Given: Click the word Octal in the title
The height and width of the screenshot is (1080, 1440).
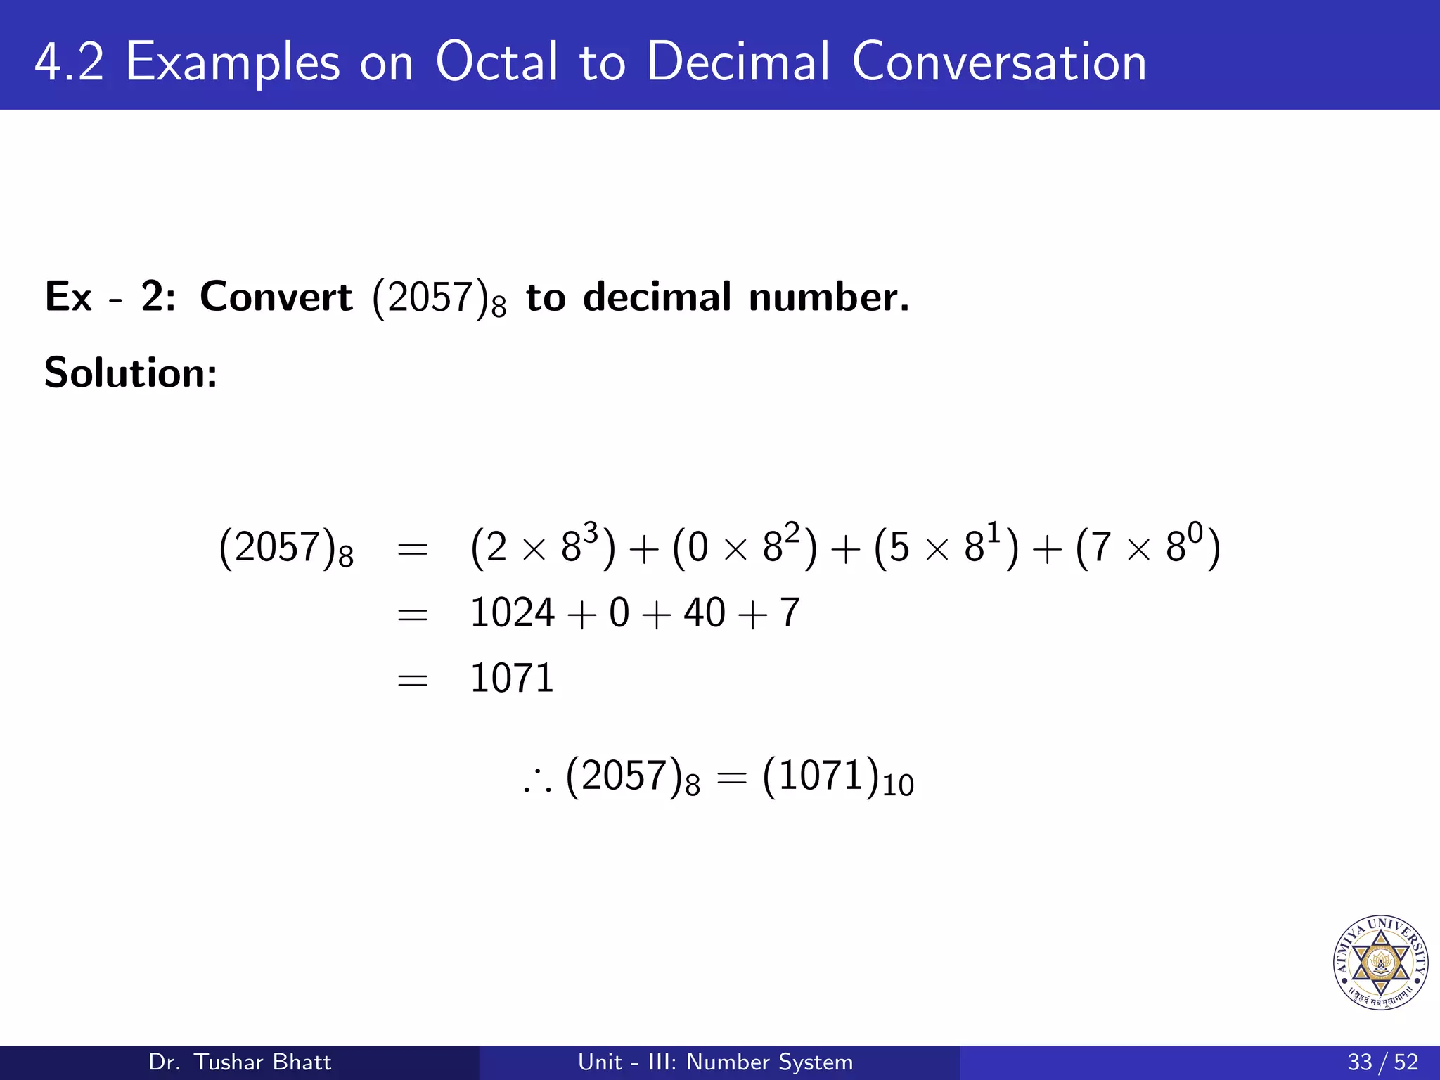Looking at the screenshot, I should point(497,62).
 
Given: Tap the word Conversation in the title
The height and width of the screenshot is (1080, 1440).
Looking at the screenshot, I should point(998,62).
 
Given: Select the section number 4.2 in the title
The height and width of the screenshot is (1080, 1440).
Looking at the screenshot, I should point(69,62).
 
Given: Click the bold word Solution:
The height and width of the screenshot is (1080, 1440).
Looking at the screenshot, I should point(131,373).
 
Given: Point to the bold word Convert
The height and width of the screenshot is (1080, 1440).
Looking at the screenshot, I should point(276,297).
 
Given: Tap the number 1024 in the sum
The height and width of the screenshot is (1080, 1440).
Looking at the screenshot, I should point(512,612).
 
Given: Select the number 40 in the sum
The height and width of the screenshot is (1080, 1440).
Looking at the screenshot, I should point(704,612).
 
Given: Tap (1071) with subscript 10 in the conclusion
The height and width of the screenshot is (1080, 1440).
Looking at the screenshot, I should point(837,778).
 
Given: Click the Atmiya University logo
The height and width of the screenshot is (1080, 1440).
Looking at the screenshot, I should point(1380,963).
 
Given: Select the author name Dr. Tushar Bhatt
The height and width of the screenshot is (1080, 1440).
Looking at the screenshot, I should point(240,1062).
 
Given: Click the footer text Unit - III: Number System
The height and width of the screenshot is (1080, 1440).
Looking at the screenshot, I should point(715,1062).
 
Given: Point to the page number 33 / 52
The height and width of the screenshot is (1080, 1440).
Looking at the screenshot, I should point(1382,1062).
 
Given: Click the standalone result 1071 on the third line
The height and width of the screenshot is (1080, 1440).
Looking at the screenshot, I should point(512,679).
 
